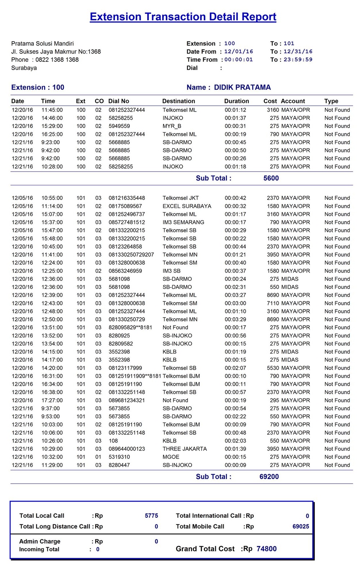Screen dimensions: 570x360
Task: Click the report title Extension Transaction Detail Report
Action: [x=183, y=17]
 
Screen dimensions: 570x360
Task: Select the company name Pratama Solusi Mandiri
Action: [x=42, y=44]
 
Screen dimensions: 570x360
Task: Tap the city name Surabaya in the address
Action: [x=24, y=68]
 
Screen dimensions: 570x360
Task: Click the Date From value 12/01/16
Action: [x=238, y=52]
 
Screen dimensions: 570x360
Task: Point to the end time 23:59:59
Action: [x=298, y=60]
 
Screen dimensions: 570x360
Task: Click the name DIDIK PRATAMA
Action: [x=242, y=87]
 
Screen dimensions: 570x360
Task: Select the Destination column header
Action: [x=178, y=101]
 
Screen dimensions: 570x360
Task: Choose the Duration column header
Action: [x=236, y=101]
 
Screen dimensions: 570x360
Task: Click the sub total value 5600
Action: [x=271, y=178]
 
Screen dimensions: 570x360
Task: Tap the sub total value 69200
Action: [x=269, y=476]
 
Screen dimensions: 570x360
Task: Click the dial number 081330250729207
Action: [x=131, y=255]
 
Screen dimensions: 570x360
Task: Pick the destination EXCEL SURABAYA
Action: [x=187, y=206]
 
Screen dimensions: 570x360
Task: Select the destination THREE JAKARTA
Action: [x=184, y=449]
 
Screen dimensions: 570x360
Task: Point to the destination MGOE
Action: [x=171, y=457]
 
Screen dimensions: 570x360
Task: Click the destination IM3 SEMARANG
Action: [x=183, y=222]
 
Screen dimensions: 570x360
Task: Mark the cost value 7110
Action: [x=273, y=303]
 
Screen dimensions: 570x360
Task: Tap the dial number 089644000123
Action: [x=127, y=449]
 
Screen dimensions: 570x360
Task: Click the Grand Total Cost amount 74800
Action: [x=266, y=549]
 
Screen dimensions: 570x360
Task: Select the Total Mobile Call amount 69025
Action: [x=301, y=526]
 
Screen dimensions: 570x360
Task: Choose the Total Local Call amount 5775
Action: [x=151, y=516]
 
